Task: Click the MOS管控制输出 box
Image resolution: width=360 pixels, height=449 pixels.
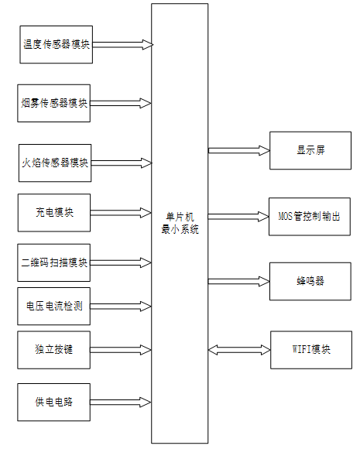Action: coord(310,215)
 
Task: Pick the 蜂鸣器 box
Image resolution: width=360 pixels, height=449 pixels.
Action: coord(310,281)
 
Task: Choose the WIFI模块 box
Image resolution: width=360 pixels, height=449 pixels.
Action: coord(310,349)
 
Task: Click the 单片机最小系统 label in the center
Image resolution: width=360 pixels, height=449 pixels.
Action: coord(180,224)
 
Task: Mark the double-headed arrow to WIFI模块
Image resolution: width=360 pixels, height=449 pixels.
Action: coord(238,349)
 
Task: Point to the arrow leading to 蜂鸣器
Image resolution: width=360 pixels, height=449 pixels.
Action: coord(238,281)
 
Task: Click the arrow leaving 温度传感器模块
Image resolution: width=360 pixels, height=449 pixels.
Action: coord(122,44)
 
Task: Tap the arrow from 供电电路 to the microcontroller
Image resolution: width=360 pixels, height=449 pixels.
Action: coord(122,402)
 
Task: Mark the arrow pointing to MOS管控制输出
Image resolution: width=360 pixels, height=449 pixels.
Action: coord(238,215)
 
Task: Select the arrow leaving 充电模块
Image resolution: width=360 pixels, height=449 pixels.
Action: coord(122,212)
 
